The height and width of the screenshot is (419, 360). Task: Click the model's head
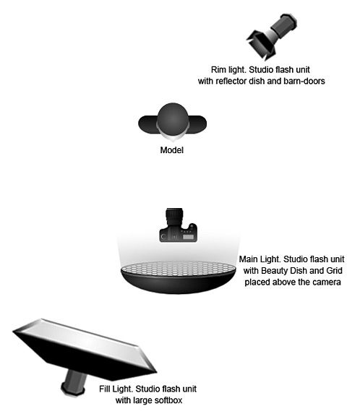tap(173, 120)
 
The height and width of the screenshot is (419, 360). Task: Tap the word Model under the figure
tap(172, 150)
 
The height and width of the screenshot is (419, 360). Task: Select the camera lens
tap(174, 217)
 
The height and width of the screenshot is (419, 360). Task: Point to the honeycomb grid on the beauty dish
tap(178, 269)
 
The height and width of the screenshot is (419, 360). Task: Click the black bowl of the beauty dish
tap(178, 283)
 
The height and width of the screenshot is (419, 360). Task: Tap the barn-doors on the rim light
tap(260, 45)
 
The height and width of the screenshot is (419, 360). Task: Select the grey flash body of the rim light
tap(284, 25)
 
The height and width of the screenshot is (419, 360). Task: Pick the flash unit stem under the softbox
tap(74, 381)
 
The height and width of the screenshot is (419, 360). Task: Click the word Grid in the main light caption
tap(334, 271)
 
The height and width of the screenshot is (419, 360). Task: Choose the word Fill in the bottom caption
tap(104, 389)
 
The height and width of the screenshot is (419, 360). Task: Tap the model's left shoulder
tap(197, 124)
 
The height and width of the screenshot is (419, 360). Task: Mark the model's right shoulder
tap(147, 124)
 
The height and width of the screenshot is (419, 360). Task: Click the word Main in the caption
tap(248, 259)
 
